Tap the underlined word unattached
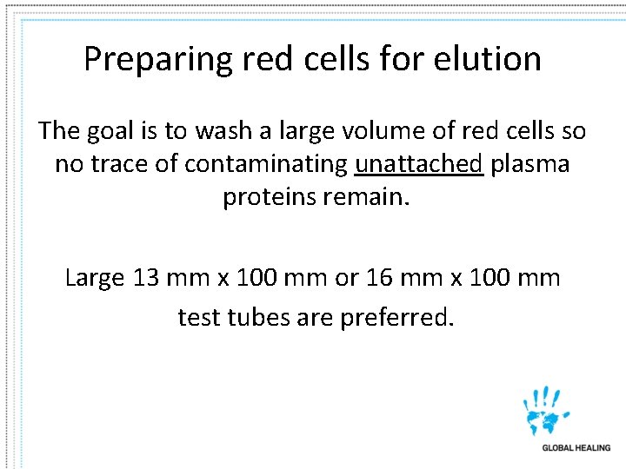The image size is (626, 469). (x=419, y=164)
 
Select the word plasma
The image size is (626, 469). (x=530, y=164)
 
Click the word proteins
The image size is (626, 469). (x=270, y=197)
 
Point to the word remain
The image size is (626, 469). (x=366, y=197)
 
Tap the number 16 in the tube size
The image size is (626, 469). (x=381, y=278)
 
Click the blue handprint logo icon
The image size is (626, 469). (x=546, y=411)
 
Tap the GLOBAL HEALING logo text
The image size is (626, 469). (x=576, y=448)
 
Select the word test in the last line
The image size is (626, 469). (x=199, y=317)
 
